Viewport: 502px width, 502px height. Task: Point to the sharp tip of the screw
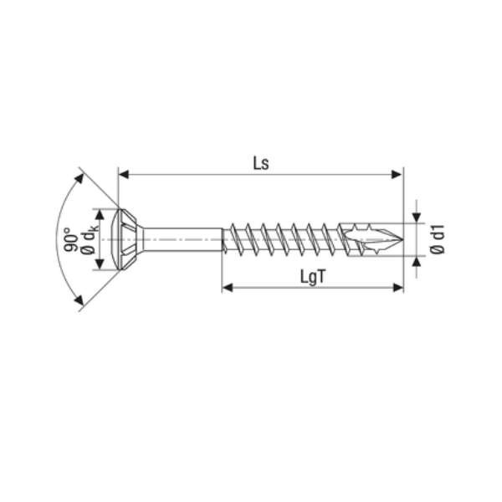point(401,240)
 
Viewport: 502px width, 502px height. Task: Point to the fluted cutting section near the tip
point(368,239)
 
